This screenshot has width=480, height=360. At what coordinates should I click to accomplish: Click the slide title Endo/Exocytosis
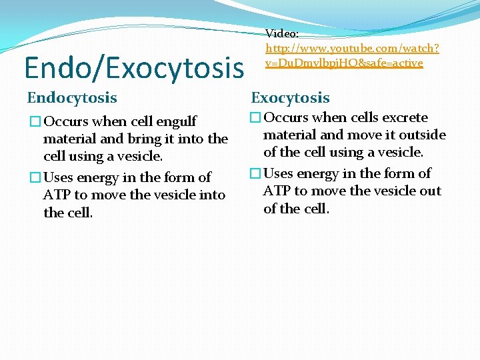[134, 67]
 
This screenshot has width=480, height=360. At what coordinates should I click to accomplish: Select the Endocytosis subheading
[72, 98]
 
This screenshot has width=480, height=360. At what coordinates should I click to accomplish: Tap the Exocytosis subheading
[290, 98]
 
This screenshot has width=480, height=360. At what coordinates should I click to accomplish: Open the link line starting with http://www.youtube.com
[352, 48]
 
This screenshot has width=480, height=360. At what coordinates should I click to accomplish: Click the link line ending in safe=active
[343, 63]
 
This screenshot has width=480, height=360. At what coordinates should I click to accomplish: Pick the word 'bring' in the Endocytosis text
[119, 139]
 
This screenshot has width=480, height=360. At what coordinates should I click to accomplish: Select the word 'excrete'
[404, 117]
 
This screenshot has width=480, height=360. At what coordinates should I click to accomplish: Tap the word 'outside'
[422, 135]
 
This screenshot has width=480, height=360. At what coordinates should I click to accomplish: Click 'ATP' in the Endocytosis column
[57, 195]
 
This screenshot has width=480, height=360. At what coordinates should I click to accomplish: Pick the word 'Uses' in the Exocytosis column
[280, 173]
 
